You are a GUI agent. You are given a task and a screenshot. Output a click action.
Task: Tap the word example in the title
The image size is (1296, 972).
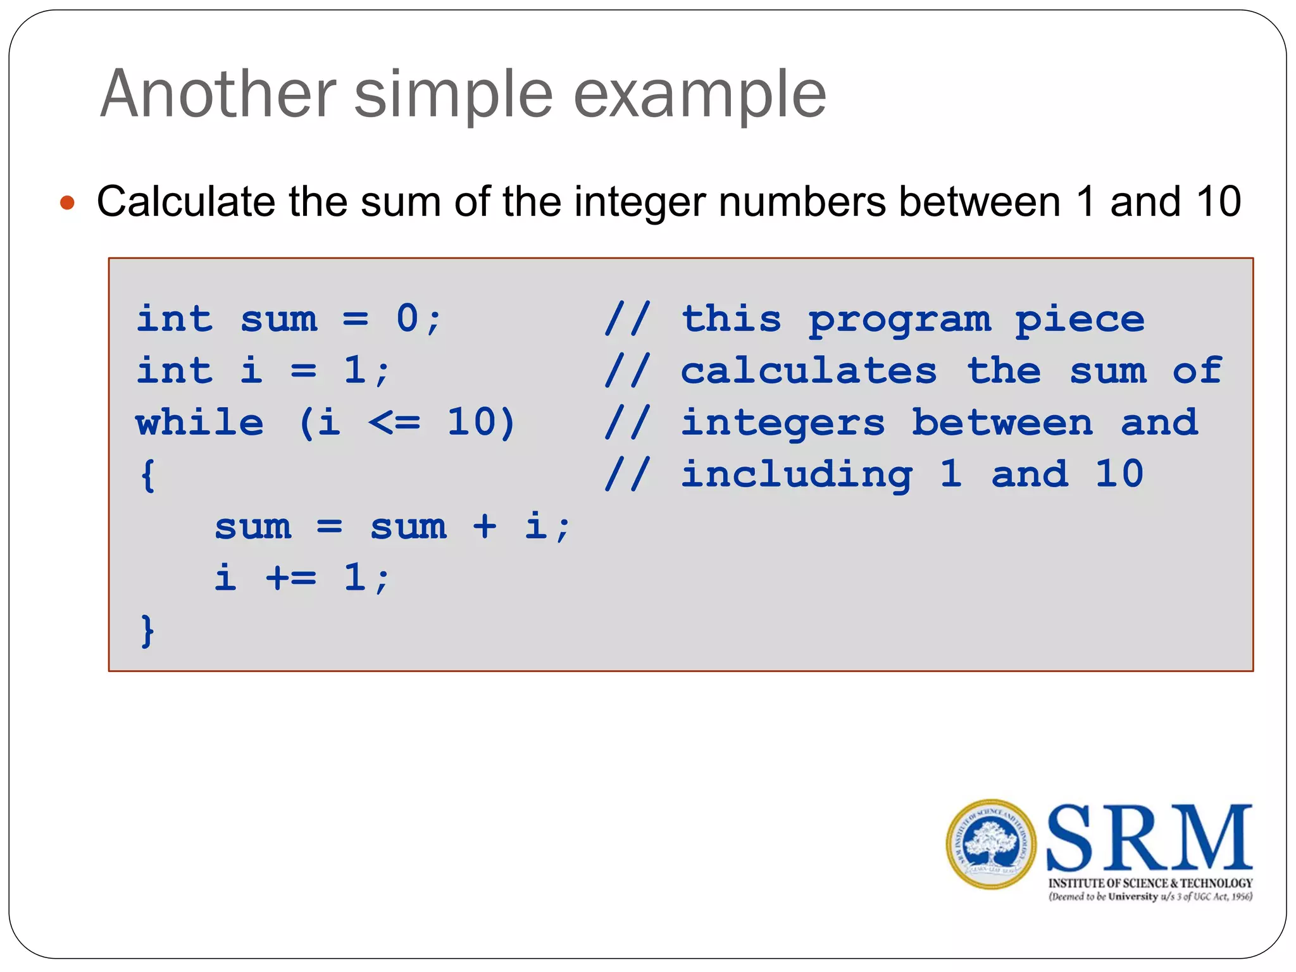[x=699, y=95]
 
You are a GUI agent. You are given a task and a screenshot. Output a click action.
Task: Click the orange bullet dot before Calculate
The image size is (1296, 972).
[x=67, y=203]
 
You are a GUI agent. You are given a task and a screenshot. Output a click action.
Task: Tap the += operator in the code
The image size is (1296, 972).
[x=290, y=577]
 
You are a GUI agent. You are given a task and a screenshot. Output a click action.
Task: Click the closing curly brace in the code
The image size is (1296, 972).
[x=147, y=630]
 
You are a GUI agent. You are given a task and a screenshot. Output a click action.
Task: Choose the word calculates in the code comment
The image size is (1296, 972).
[x=808, y=370]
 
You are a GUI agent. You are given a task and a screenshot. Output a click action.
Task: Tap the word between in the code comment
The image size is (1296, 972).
[x=1002, y=422]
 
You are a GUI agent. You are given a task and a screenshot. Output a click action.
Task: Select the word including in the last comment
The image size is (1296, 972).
[x=797, y=475]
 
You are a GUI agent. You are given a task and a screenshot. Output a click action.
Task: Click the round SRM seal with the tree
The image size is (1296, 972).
[x=990, y=844]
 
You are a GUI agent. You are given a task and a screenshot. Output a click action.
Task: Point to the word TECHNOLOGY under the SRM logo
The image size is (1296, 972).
[x=1216, y=883]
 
